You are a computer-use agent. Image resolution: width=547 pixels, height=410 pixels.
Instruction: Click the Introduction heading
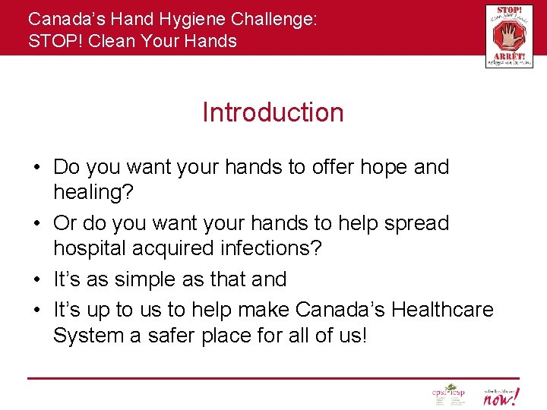(273, 112)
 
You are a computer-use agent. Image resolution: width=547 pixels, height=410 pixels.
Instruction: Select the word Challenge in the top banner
(273, 19)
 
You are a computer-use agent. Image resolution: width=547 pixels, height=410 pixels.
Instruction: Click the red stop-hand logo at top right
(509, 36)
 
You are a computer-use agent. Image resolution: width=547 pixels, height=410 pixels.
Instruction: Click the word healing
(93, 193)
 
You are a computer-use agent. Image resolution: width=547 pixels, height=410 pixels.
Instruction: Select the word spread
(416, 223)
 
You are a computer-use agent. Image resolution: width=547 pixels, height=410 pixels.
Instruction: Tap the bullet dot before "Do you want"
(37, 168)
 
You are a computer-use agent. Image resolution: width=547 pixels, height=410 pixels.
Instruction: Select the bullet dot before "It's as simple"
(37, 280)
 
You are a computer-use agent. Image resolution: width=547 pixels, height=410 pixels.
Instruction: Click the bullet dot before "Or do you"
(37, 224)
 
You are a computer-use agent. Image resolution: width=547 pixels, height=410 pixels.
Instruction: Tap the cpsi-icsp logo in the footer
(447, 395)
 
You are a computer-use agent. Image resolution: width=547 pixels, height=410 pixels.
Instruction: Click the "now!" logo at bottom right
(502, 396)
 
